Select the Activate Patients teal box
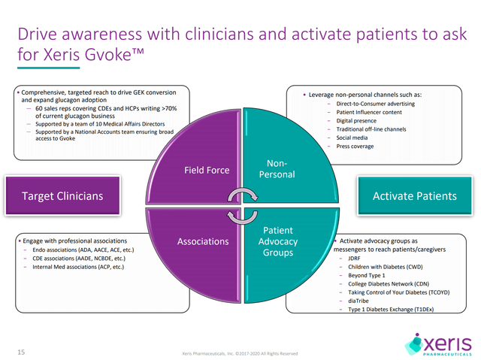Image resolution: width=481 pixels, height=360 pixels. coord(414,196)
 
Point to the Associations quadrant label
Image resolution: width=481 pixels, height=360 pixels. coord(202,242)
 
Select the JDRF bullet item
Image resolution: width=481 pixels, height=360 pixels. coord(357,259)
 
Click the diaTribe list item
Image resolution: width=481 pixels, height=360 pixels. coord(360,299)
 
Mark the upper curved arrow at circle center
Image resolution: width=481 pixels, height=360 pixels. coord(240,197)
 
